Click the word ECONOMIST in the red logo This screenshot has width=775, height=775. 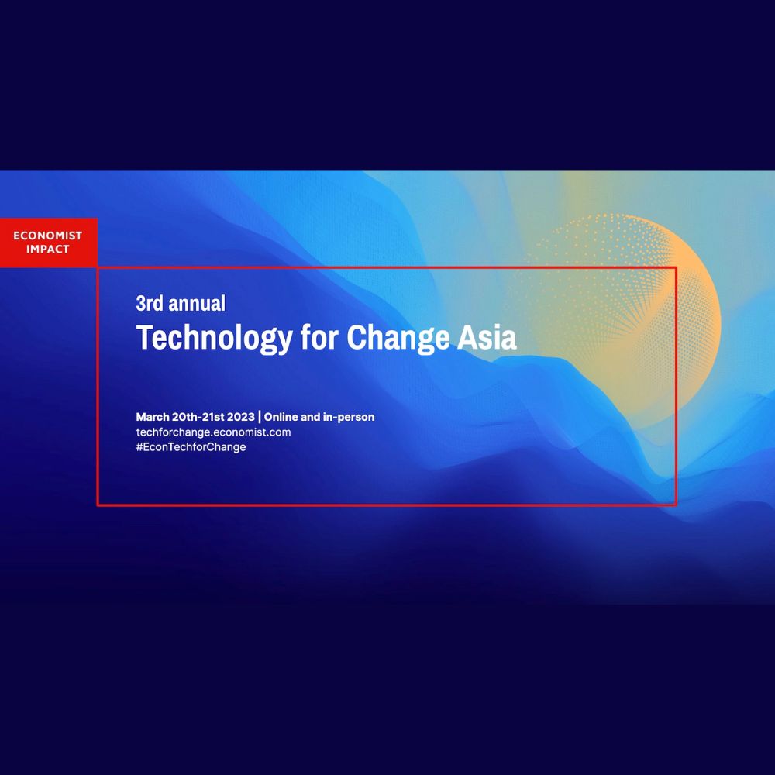pyautogui.click(x=47, y=236)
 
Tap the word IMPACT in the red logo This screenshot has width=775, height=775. pyautogui.click(x=47, y=249)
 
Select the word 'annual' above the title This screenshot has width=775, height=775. pyautogui.click(x=197, y=303)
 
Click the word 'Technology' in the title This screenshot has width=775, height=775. pyautogui.click(x=215, y=339)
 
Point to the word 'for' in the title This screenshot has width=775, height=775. pyautogui.click(x=319, y=337)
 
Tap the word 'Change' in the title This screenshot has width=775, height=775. pyautogui.click(x=398, y=339)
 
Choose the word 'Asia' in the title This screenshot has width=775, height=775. pyautogui.click(x=487, y=337)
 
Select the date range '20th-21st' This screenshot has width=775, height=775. pyautogui.click(x=198, y=417)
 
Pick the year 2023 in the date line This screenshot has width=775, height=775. pyautogui.click(x=241, y=417)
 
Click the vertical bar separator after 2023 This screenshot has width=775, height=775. pyautogui.click(x=260, y=417)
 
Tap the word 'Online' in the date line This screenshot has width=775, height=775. pyautogui.click(x=281, y=417)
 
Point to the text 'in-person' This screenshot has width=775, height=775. pyautogui.click(x=349, y=417)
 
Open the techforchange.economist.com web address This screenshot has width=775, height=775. pyautogui.click(x=214, y=432)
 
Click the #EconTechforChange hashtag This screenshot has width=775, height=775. pyautogui.click(x=191, y=447)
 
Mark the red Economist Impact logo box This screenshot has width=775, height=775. pyautogui.click(x=48, y=243)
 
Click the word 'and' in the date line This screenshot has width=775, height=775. pyautogui.click(x=311, y=417)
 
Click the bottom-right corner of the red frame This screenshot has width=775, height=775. pyautogui.click(x=676, y=505)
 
